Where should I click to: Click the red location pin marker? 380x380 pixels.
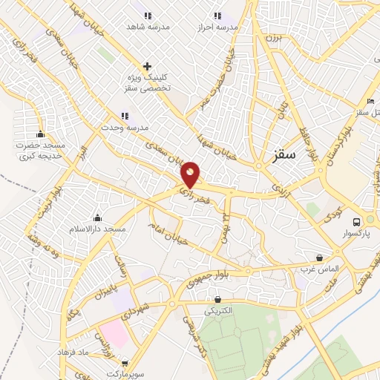[191, 174]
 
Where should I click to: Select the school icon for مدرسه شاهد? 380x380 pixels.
[147, 16]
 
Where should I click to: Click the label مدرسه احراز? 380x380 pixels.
[217, 27]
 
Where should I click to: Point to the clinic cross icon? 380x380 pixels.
[147, 67]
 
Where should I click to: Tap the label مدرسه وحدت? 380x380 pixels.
[125, 127]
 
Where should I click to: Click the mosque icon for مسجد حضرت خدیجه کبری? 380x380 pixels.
[40, 134]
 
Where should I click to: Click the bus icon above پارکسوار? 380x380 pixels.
[357, 222]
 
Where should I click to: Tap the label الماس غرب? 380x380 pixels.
[319, 268]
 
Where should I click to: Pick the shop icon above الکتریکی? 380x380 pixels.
[217, 299]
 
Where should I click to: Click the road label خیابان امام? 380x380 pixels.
[165, 234]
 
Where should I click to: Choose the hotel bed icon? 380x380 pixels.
[370, 102]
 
